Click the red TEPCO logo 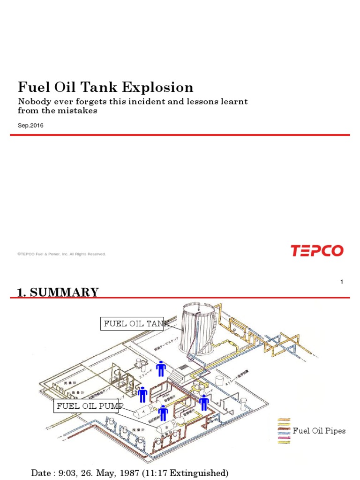317,251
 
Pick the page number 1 342,282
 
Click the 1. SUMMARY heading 58,292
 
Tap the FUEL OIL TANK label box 132,323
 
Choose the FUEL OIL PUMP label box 87,406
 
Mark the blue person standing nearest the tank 161,369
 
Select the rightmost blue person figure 204,402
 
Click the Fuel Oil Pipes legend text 319,431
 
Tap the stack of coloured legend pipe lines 284,431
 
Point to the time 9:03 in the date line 68,473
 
